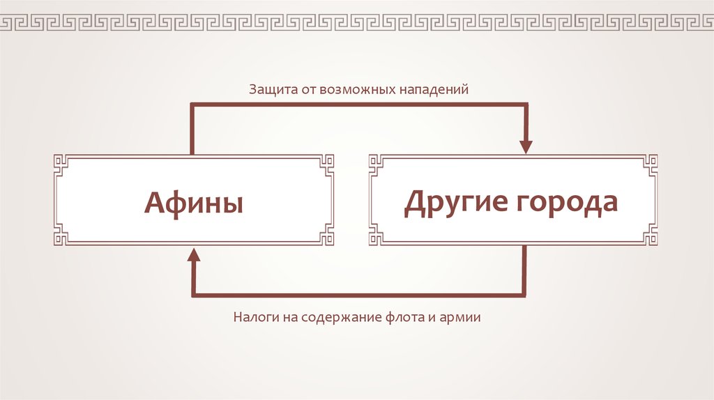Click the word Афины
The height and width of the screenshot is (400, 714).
pyautogui.click(x=194, y=203)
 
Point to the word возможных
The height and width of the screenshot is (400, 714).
pyautogui.click(x=357, y=91)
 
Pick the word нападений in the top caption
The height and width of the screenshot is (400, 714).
pyautogui.click(x=432, y=91)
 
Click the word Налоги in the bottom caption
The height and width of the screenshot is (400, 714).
pyautogui.click(x=255, y=318)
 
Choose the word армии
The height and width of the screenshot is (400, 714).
pyautogui.click(x=462, y=318)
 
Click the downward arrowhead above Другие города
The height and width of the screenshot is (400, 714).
pyautogui.click(x=525, y=146)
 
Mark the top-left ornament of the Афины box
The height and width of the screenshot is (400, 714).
pyautogui.click(x=61, y=162)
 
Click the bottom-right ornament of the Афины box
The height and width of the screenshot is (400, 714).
pyautogui.click(x=326, y=238)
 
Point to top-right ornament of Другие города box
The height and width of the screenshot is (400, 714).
pyautogui.click(x=651, y=162)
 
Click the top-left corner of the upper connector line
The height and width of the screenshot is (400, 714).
pyautogui.click(x=193, y=105)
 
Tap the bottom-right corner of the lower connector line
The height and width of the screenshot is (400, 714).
pyautogui.click(x=525, y=295)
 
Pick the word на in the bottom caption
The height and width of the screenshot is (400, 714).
pyautogui.click(x=291, y=318)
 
